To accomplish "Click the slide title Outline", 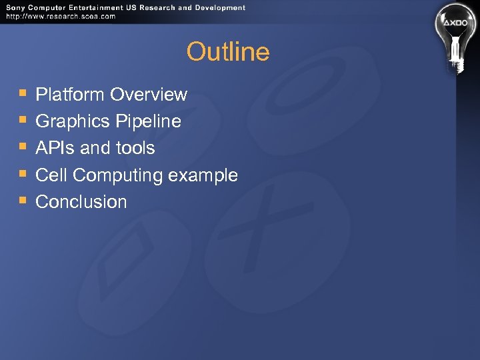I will click(228, 52).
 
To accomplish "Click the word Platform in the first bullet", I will click(71, 95).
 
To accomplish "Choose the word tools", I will click(135, 148).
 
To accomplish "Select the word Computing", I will click(118, 176).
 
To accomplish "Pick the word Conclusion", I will click(81, 202).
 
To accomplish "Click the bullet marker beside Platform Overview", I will click(22, 93).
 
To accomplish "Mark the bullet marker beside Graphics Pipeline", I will click(22, 120).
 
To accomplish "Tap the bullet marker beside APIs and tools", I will click(22, 147).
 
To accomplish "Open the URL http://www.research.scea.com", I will click(61, 17).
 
